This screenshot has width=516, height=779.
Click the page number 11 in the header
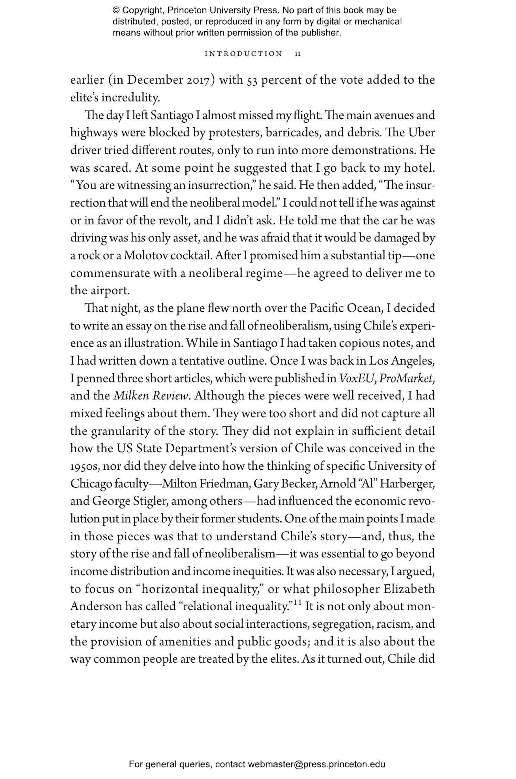[298, 54]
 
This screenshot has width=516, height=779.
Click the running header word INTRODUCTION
[243, 54]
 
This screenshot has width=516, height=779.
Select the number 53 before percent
[252, 80]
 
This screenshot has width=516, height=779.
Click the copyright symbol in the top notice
[116, 11]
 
